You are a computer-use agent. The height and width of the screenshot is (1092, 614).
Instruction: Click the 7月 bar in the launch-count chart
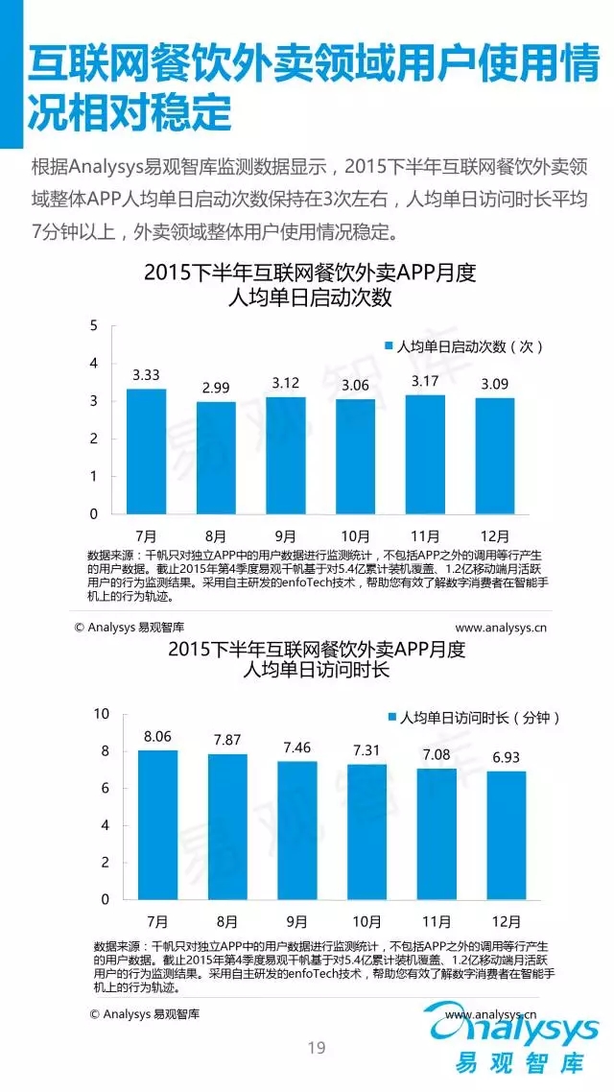[x=147, y=451]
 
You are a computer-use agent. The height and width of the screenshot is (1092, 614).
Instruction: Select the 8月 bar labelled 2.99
[x=216, y=458]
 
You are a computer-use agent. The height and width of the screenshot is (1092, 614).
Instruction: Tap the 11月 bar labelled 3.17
[x=424, y=454]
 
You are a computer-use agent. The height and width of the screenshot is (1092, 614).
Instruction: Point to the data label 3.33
[x=147, y=375]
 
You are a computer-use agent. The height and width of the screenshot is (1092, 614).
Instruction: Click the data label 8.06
[x=157, y=736]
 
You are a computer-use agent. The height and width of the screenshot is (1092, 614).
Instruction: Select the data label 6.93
[x=506, y=757]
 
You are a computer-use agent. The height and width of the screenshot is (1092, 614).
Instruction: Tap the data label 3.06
[x=355, y=386]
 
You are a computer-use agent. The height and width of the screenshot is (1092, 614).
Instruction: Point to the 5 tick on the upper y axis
[x=94, y=326]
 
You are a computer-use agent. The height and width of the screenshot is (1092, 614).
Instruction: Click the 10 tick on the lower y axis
[x=101, y=714]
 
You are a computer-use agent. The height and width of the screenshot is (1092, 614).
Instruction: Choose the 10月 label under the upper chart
[x=355, y=535]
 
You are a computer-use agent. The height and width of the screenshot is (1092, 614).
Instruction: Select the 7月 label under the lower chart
[x=157, y=921]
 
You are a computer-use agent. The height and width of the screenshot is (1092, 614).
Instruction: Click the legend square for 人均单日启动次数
[x=390, y=347]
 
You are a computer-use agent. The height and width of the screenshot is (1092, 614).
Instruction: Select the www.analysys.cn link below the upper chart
[x=500, y=629]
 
